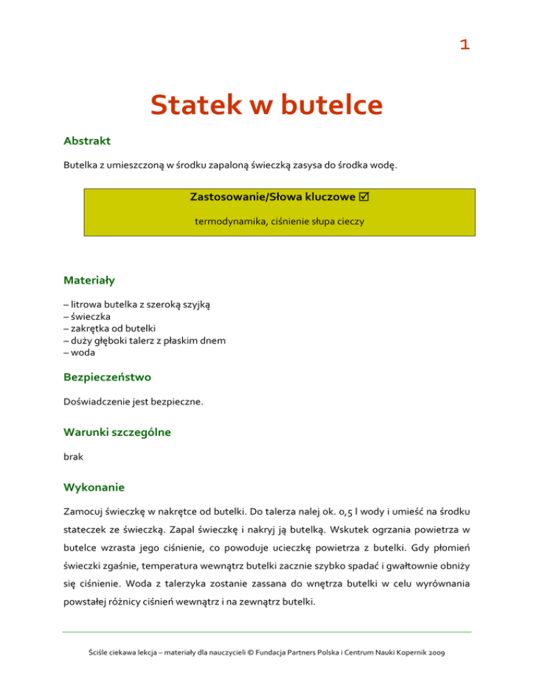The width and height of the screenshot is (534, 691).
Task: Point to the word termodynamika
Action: tap(225, 222)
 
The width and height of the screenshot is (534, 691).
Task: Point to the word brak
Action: tap(72, 460)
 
